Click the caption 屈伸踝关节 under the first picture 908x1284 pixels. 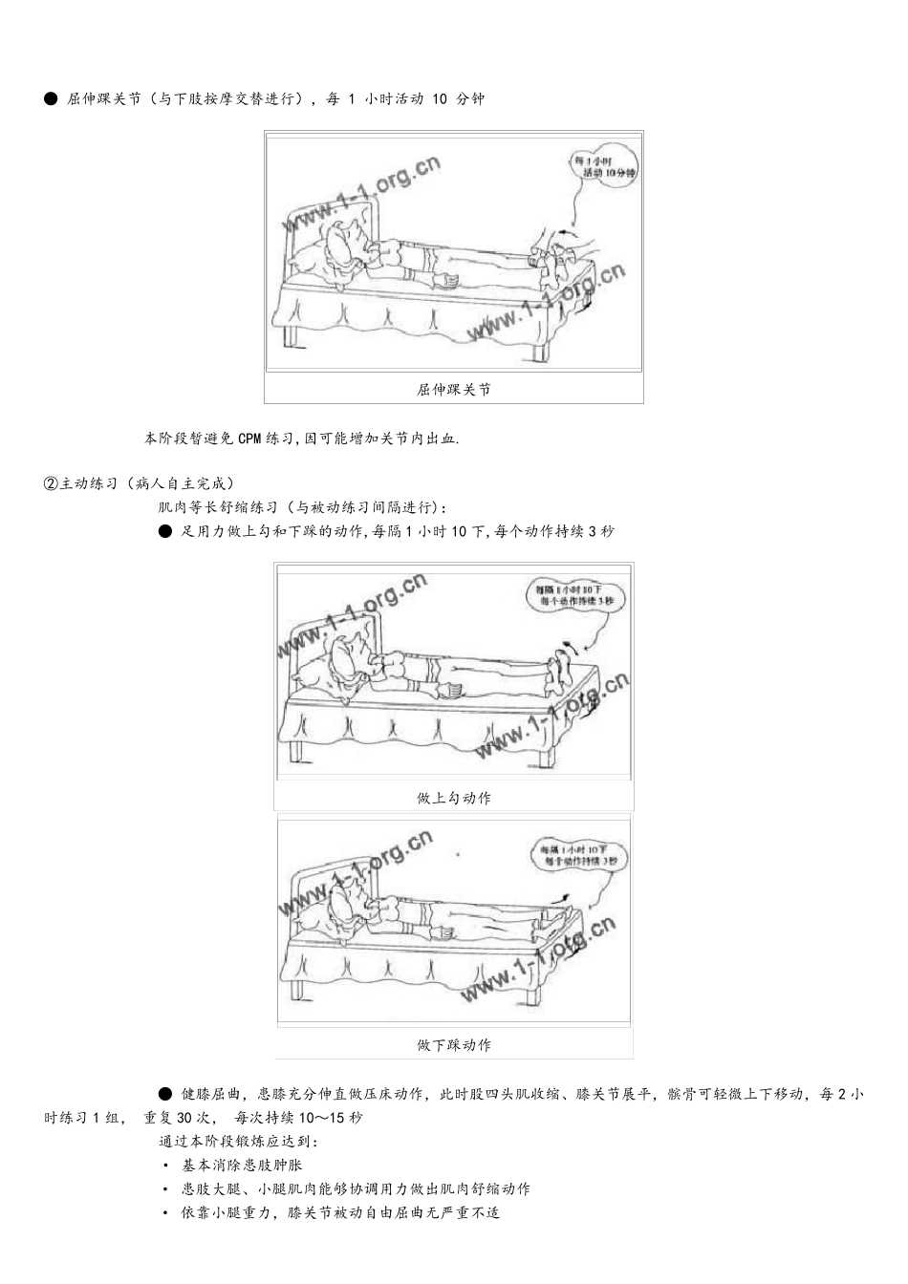pyautogui.click(x=453, y=390)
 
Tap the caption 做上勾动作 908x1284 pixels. pyautogui.click(x=453, y=798)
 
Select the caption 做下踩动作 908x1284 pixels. pyautogui.click(x=453, y=1045)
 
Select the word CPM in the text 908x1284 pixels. pyautogui.click(x=249, y=439)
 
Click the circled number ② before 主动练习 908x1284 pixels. pyautogui.click(x=51, y=483)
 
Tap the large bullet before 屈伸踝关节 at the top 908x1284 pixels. pyautogui.click(x=51, y=99)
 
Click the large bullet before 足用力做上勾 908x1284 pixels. pyautogui.click(x=165, y=531)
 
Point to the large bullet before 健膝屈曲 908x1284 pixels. pyautogui.click(x=165, y=1094)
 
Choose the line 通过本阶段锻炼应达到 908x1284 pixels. pyautogui.click(x=239, y=1142)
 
